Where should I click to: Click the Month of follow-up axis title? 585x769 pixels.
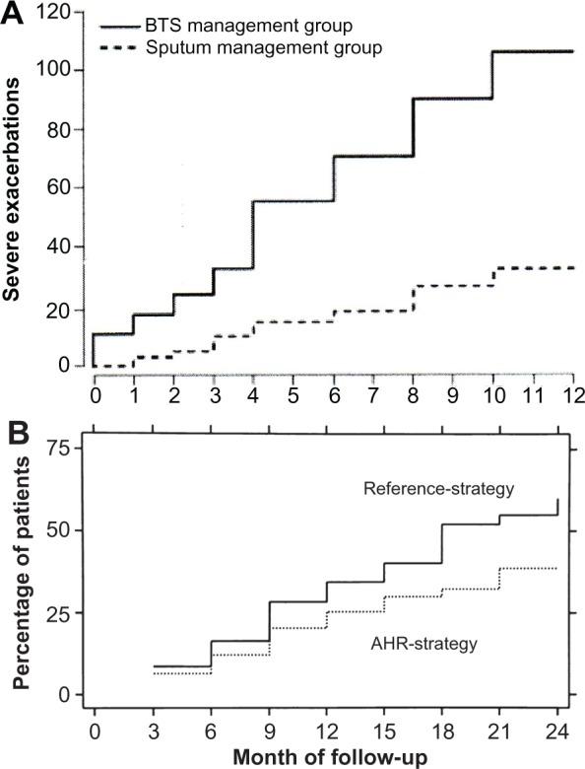click(329, 756)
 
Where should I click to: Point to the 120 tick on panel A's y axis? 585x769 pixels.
click(54, 12)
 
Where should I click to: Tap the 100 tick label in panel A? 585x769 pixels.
click(54, 70)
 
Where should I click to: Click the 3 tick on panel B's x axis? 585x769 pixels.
click(154, 731)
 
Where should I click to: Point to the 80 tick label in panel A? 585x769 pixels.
click(59, 129)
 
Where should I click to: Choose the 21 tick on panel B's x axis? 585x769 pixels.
click(500, 731)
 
